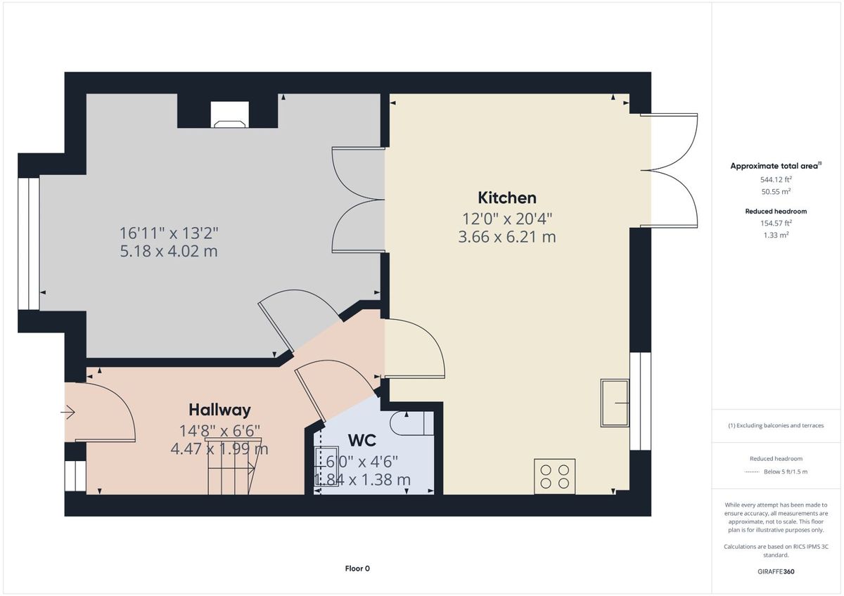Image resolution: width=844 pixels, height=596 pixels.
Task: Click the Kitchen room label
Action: [x=507, y=198]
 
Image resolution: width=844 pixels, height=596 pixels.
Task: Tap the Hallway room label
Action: [x=219, y=410]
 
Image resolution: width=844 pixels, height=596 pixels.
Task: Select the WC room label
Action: [x=362, y=440]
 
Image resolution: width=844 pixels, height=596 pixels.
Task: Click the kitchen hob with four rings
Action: [x=555, y=477]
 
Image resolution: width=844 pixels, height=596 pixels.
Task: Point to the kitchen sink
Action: [x=615, y=403]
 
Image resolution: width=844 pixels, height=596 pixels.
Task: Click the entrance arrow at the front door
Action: [x=68, y=413]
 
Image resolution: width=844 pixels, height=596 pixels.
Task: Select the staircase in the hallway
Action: [x=233, y=466]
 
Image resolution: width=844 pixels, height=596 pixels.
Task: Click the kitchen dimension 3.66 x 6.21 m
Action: [x=507, y=237]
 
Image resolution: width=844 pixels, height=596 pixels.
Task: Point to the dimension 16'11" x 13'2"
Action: [x=169, y=233]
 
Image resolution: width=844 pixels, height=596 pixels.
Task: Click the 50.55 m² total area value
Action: [x=776, y=192]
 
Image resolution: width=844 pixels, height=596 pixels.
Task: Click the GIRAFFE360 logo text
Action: [x=776, y=571]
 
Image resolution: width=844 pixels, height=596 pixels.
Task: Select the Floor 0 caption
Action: [x=357, y=569]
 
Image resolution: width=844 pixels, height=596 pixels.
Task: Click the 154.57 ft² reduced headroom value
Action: [x=776, y=223]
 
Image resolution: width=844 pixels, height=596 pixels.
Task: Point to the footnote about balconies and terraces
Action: [x=776, y=425]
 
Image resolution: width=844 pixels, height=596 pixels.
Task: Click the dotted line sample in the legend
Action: [x=752, y=472]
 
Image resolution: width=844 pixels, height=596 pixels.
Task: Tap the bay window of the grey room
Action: [x=29, y=244]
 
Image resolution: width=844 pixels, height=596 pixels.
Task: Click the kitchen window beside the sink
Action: [x=641, y=401]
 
